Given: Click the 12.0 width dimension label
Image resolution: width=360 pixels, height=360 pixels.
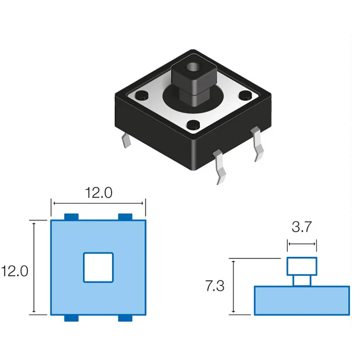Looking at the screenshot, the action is point(99,193).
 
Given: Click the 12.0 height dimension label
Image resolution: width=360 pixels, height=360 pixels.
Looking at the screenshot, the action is point(14,271).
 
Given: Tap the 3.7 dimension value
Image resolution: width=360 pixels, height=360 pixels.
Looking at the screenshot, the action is point(301,227).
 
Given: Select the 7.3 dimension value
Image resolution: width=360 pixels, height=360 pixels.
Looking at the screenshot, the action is point(215,286).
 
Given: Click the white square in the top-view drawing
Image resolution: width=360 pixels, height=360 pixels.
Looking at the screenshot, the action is point(98,267).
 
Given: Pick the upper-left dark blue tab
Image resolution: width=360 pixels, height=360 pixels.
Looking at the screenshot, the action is point(72,217).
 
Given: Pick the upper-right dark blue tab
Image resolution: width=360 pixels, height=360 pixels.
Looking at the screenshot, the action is point(125,217).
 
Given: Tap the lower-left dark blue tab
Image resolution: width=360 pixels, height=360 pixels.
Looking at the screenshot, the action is point(72,318).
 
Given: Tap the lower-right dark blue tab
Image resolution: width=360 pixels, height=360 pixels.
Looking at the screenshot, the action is point(125,318).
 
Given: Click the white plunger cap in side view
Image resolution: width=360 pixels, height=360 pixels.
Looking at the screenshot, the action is point(302,266).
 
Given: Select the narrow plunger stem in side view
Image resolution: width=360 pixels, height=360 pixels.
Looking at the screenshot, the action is point(302,281).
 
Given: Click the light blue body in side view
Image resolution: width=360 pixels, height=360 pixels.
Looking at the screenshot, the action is point(302,301).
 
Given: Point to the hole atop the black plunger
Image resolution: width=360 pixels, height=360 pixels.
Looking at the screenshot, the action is point(193,67).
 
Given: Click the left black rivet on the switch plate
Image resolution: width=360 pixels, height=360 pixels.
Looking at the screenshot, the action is point(142,95).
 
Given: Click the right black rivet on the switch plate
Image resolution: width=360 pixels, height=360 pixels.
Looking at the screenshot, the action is point(245,95).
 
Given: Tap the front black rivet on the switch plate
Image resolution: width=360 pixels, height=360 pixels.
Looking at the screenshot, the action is point(193,125).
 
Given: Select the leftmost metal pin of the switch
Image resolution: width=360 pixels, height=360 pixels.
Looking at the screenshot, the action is point(126,140).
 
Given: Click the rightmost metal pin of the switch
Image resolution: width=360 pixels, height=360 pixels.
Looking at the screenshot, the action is point(257,144).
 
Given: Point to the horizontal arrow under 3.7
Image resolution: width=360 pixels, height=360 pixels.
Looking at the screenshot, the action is point(302,244).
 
